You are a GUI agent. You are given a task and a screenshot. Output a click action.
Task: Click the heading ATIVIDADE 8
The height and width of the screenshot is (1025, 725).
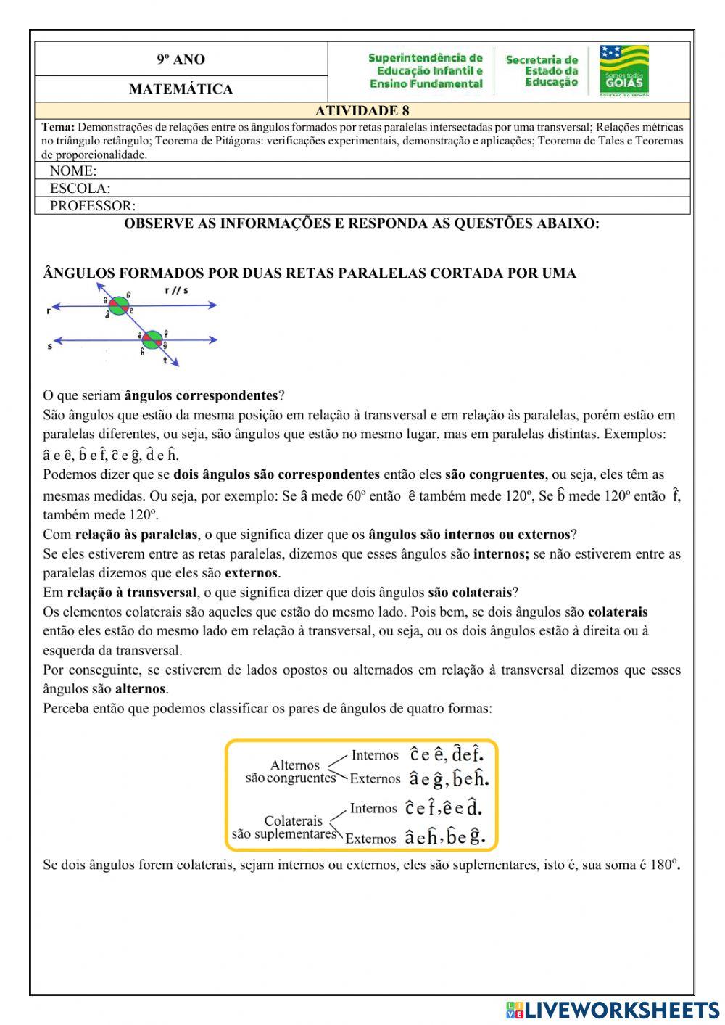362,110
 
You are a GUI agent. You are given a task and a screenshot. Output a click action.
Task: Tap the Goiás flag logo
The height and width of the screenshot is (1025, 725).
623,70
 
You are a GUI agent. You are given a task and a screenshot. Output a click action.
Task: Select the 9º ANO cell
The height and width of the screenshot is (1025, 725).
181,59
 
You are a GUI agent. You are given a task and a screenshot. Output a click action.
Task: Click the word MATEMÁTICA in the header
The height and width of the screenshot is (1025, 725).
181,89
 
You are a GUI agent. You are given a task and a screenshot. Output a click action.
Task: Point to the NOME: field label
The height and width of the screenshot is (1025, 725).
72,171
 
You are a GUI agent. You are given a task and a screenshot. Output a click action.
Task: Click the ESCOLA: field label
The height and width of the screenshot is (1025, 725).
80,189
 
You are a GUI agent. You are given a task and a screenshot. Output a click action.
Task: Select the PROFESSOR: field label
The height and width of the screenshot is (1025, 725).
92,206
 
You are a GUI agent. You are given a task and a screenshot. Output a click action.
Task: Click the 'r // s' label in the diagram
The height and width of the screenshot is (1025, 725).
176,292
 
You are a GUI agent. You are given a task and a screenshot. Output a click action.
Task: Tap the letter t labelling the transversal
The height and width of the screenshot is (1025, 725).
165,361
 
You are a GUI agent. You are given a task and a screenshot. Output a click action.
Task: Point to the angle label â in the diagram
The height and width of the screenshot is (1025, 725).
106,300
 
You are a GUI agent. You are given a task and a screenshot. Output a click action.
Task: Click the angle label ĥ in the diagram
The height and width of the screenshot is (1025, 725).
143,352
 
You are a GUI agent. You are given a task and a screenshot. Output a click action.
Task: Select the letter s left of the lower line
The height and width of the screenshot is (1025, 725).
50,346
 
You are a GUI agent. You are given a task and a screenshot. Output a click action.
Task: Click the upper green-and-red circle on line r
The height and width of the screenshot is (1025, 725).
118,306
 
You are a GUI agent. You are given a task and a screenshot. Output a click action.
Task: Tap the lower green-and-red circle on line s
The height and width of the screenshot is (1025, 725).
152,339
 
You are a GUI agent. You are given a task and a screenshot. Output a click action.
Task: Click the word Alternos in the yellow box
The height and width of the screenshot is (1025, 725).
294,765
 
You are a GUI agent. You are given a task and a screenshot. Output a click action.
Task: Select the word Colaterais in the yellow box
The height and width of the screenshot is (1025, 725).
293,821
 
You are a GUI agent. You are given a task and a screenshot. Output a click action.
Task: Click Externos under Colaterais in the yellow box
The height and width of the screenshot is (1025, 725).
370,839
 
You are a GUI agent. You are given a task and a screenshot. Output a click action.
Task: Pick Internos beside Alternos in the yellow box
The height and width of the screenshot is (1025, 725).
375,755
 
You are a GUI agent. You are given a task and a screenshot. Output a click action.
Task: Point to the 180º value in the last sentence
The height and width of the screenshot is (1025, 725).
663,865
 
